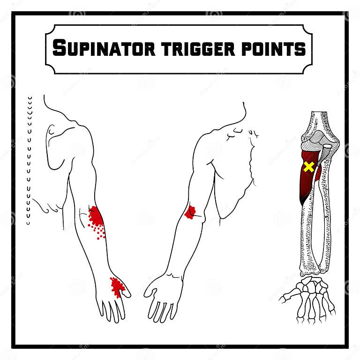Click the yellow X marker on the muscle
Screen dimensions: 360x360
[x=308, y=166]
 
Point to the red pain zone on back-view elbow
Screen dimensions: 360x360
[x=96, y=218]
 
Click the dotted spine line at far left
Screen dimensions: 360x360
[x=29, y=159]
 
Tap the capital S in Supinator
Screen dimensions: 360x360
[x=60, y=48]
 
